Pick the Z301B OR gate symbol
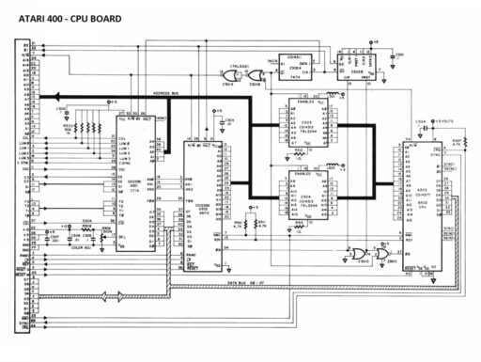pyautogui.click(x=254, y=81)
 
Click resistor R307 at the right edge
pyautogui.click(x=463, y=142)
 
